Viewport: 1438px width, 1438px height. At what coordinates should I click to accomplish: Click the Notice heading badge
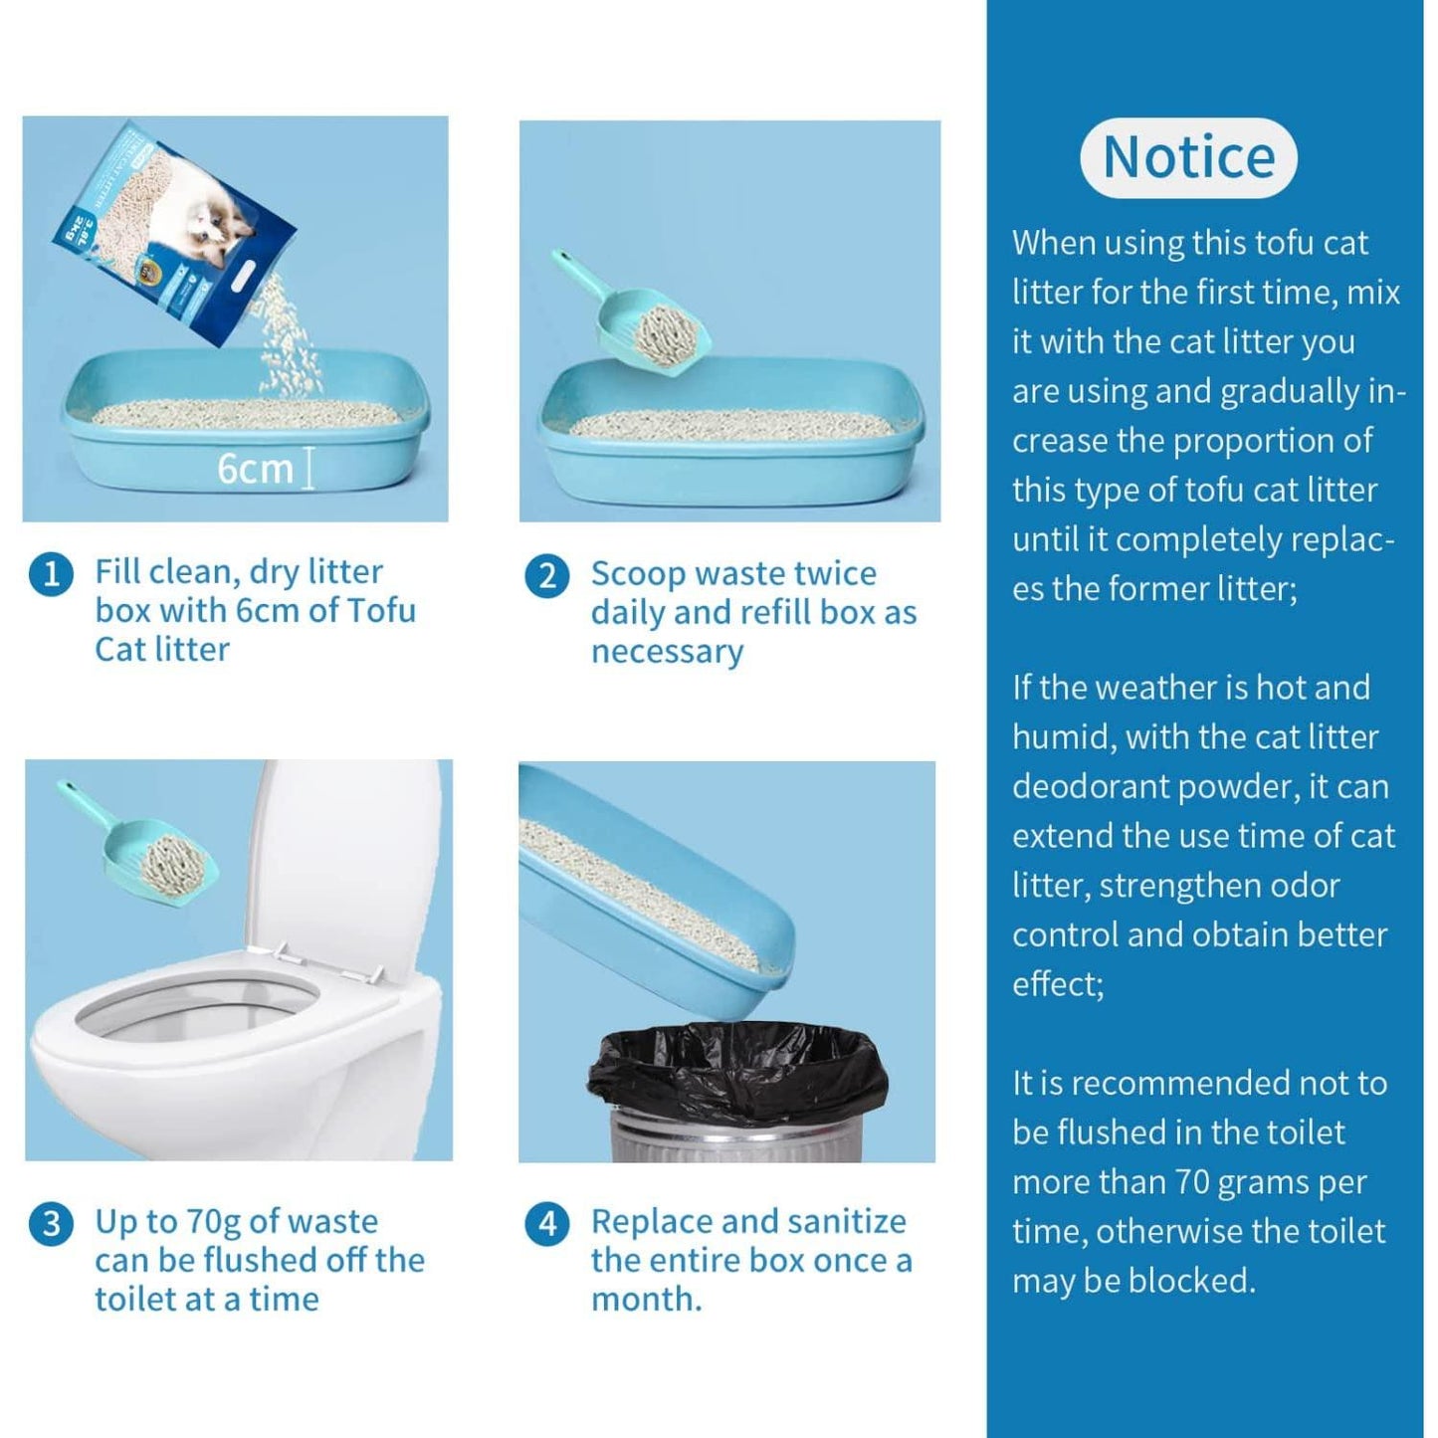[x=1188, y=157]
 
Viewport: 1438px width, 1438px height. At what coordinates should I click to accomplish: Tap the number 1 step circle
[x=51, y=575]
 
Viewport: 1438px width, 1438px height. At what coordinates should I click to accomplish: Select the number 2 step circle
[x=546, y=576]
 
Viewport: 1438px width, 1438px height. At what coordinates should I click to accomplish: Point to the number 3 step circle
[x=51, y=1223]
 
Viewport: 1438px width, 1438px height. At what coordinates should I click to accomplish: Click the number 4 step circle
[x=546, y=1223]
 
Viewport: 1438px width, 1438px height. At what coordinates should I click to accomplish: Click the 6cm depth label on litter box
[x=256, y=469]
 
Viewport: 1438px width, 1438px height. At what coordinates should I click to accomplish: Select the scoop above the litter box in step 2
[x=642, y=318]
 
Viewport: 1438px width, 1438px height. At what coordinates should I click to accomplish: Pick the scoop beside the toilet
[x=149, y=851]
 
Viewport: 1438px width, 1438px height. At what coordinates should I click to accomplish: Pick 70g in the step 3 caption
[x=214, y=1222]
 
